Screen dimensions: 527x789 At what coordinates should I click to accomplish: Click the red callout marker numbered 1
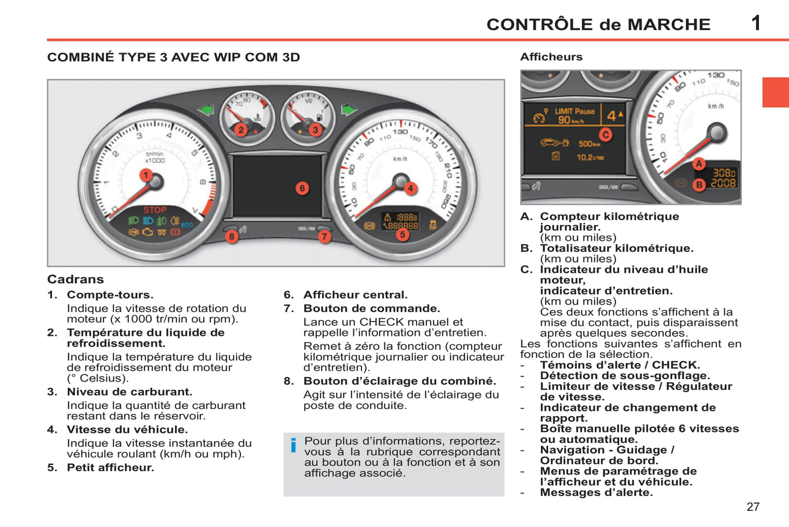(x=145, y=175)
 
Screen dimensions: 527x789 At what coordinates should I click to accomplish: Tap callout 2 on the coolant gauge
(x=241, y=130)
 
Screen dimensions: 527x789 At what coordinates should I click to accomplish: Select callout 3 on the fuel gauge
(x=315, y=130)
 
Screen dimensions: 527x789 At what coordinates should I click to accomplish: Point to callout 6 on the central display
(x=302, y=189)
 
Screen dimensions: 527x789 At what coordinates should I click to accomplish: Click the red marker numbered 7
(x=325, y=236)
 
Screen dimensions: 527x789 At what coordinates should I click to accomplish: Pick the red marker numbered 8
(x=232, y=236)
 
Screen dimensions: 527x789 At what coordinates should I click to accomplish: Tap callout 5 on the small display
(x=402, y=235)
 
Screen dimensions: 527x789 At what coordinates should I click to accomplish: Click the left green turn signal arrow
(x=206, y=110)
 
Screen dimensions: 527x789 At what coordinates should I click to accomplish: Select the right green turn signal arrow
(x=348, y=110)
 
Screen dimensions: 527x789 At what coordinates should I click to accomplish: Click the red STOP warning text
(x=155, y=210)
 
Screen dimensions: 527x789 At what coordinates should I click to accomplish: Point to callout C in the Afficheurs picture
(x=605, y=134)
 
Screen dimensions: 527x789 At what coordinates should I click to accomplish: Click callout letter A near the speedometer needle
(x=698, y=163)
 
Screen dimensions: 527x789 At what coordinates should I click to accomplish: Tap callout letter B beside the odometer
(x=699, y=185)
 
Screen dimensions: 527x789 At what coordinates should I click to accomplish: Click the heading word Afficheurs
(x=551, y=57)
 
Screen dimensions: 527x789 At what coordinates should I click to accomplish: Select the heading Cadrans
(x=75, y=279)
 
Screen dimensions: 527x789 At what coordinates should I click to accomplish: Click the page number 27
(x=753, y=507)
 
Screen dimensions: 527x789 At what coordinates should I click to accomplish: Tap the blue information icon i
(x=293, y=446)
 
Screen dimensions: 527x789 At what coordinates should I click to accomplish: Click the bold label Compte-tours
(x=110, y=295)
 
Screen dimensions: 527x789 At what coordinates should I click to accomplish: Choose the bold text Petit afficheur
(x=110, y=467)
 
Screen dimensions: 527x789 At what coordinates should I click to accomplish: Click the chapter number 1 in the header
(x=756, y=24)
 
